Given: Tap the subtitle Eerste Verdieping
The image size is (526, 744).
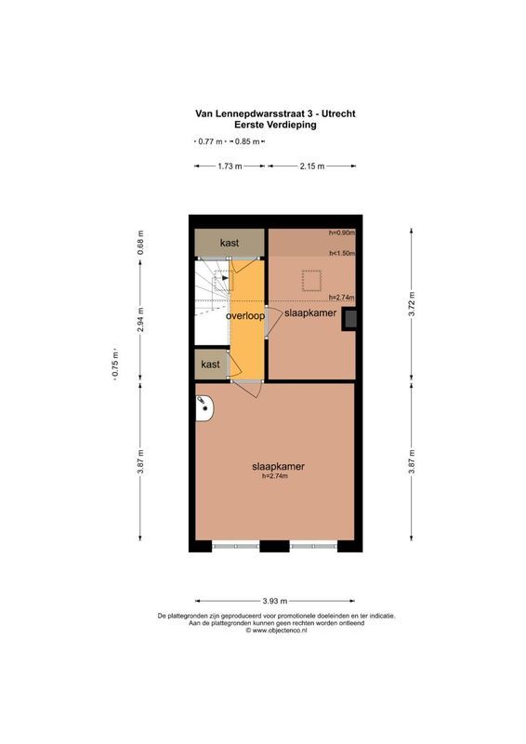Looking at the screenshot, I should [x=275, y=126].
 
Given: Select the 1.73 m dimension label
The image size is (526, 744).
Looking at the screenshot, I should [x=230, y=166].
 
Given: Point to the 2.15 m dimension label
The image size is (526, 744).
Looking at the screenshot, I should [x=312, y=166].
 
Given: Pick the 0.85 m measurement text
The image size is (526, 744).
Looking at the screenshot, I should [x=247, y=141].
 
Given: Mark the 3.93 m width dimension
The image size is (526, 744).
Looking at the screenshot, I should [x=275, y=601].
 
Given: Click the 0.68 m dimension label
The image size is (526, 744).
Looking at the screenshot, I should [x=140, y=240].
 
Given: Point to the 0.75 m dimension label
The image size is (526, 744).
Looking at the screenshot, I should [x=115, y=365].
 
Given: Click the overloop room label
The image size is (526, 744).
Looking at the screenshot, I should [x=245, y=315].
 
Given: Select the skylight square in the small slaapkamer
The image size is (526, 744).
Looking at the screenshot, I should [x=309, y=279].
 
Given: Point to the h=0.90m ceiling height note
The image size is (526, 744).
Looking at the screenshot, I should [x=341, y=232].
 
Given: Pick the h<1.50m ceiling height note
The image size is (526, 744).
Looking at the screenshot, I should [x=341, y=252].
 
